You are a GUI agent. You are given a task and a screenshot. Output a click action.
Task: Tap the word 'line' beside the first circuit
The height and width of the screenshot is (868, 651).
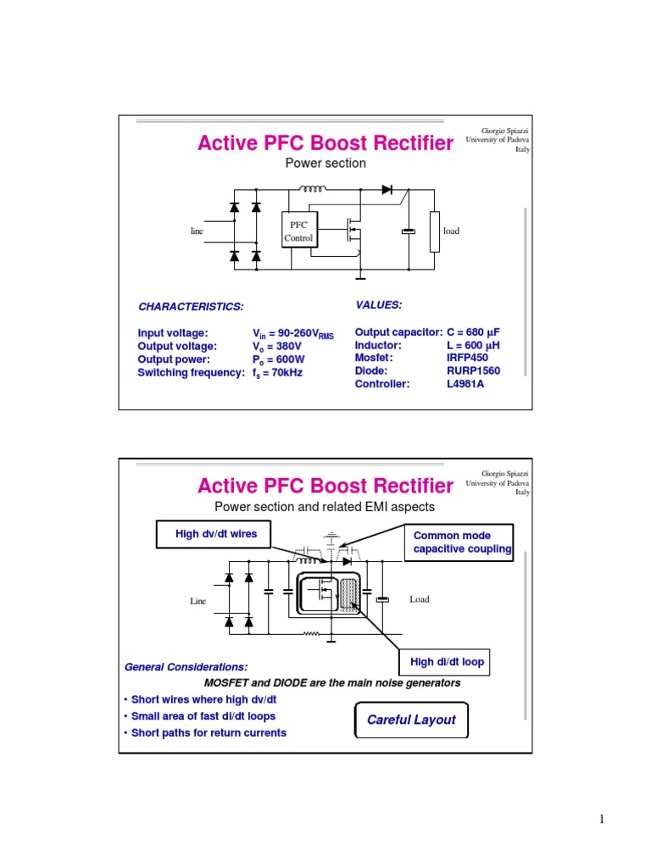coord(197,231)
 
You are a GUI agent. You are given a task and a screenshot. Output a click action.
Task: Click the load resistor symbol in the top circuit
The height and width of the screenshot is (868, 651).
coord(435,232)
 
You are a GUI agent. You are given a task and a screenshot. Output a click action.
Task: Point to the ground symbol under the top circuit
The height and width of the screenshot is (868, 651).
coord(360,275)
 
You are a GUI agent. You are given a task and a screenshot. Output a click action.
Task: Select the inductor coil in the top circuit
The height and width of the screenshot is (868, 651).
coord(314,188)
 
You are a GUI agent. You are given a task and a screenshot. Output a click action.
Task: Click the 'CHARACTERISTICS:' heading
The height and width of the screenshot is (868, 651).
coord(191,306)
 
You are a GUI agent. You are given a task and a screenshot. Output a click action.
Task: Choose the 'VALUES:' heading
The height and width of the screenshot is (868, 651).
coord(378,304)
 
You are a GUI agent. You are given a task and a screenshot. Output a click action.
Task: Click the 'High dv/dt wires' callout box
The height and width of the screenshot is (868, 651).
coord(215,534)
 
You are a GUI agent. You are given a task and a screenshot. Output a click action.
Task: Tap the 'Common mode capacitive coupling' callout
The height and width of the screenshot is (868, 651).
coord(462,542)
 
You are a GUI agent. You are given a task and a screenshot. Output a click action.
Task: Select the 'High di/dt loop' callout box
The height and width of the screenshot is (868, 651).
coord(447,662)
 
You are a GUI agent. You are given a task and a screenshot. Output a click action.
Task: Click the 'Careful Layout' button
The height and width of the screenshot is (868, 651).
coord(411,720)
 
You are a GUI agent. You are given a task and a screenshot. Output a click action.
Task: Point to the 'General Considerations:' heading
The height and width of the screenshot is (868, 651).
coord(186,667)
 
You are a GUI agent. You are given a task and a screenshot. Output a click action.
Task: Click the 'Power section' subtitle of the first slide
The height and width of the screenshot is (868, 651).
coord(325,163)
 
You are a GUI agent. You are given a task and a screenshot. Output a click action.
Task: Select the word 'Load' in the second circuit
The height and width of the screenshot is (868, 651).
coord(420,599)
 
